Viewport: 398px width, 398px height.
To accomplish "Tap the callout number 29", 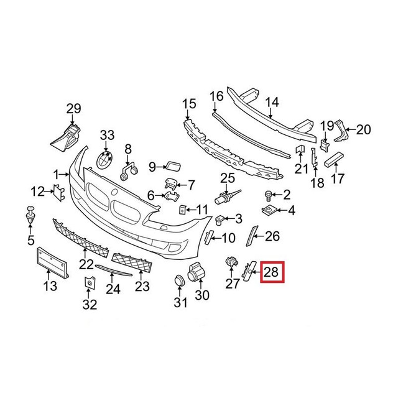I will pos(73,109).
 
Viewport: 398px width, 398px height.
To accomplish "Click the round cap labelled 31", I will pos(179,282).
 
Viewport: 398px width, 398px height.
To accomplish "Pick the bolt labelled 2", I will pos(270,194).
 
